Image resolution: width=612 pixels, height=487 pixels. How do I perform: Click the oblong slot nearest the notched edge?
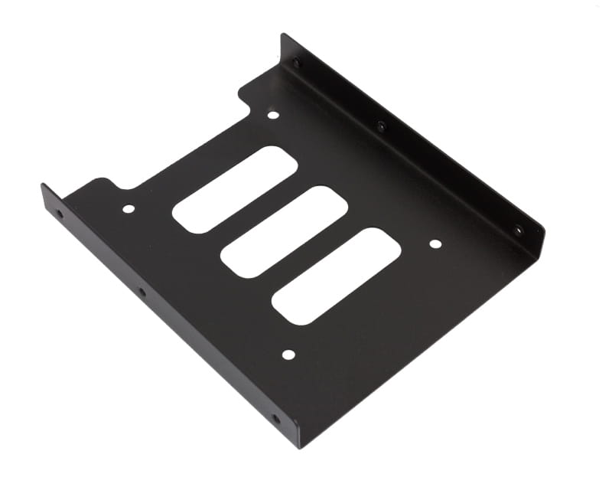234,189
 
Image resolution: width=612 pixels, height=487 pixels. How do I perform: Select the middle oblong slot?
284,231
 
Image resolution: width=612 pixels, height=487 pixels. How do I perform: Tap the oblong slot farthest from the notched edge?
336,276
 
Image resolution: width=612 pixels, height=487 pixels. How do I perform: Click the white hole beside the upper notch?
273,116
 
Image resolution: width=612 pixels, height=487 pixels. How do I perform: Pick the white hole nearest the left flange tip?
129,208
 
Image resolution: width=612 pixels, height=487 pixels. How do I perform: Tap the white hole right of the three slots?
435,244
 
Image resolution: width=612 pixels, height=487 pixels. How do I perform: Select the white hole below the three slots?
288,355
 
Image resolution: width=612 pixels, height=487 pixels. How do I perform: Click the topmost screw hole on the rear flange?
298,63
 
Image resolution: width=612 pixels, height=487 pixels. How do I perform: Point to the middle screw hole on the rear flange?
381,126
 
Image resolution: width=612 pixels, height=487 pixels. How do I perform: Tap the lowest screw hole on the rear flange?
518,230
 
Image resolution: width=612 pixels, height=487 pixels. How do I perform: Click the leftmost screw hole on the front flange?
60,214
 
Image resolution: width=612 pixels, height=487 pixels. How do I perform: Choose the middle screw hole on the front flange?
142,292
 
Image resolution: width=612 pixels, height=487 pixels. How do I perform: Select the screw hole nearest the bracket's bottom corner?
276,419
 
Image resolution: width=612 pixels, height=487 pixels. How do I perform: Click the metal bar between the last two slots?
310,253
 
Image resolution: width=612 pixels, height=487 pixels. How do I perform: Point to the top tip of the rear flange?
284,37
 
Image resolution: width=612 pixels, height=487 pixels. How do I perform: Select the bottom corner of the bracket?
298,446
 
